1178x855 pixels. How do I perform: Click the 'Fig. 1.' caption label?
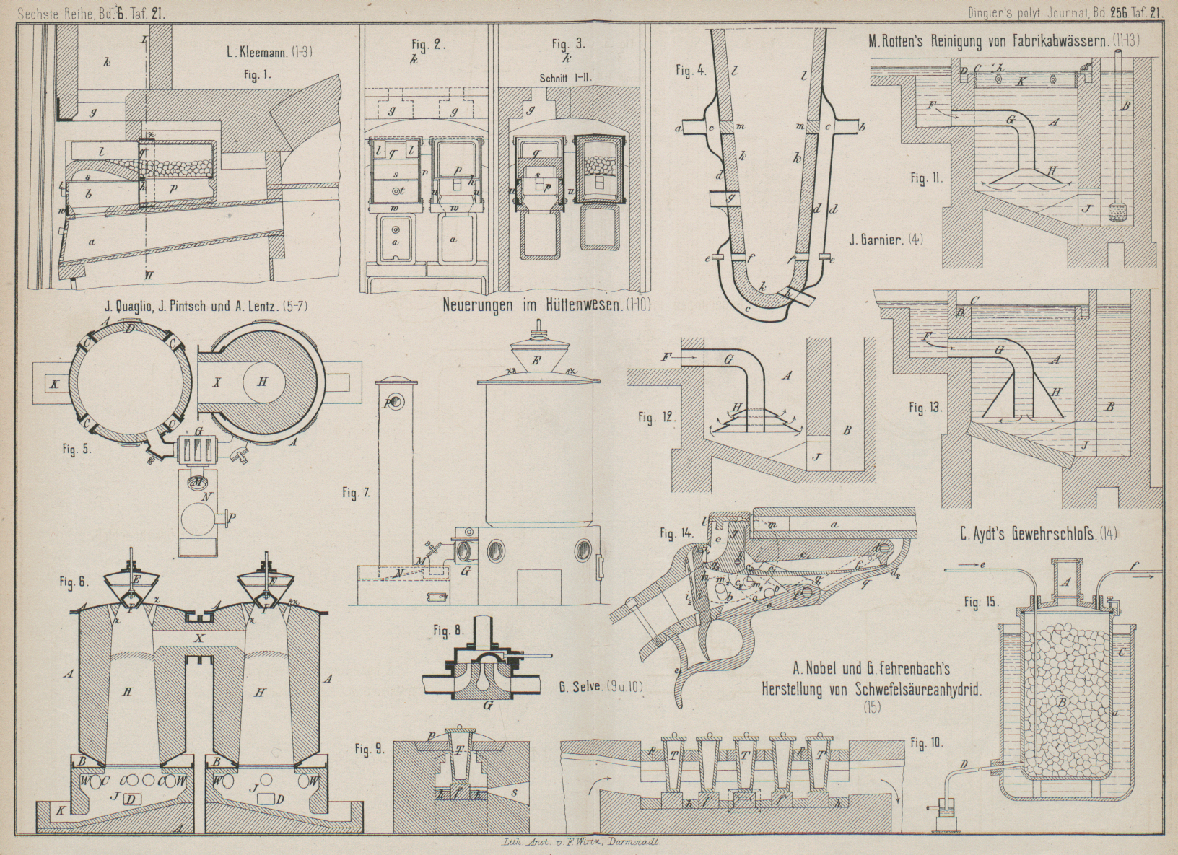point(257,75)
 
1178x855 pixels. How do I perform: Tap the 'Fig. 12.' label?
point(655,417)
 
